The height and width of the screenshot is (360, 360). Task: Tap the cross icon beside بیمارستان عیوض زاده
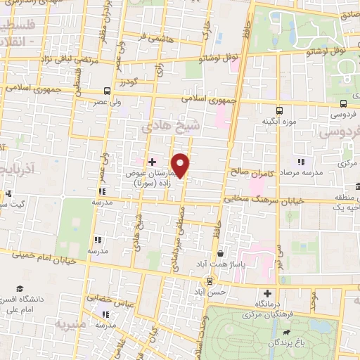(152, 162)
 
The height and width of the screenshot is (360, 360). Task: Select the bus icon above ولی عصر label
(107, 91)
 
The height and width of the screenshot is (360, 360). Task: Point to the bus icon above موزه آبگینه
(279, 110)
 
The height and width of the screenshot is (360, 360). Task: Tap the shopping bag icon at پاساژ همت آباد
(221, 254)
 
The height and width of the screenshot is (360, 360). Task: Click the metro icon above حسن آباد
(209, 281)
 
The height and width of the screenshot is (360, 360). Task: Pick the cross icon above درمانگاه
(266, 293)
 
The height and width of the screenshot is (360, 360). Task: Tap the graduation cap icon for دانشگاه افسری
(20, 289)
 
